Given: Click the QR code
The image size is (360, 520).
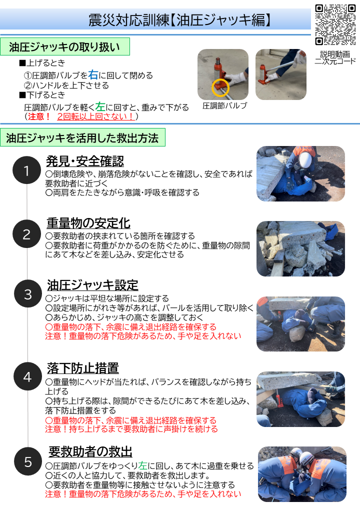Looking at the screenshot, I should pyautogui.click(x=335, y=25).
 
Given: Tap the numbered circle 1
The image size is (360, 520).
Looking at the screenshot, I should pyautogui.click(x=27, y=171).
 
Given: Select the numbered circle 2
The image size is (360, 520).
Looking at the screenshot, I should pyautogui.click(x=27, y=233).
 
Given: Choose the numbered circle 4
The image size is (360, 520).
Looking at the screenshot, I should pyautogui.click(x=27, y=376).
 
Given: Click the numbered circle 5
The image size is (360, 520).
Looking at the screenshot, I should pyautogui.click(x=27, y=461).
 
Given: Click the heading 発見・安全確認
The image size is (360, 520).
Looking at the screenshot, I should pyautogui.click(x=85, y=161).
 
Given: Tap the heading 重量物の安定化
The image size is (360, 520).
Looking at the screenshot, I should pyautogui.click(x=88, y=223).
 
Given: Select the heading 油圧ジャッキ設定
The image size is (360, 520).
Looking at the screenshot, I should pyautogui.click(x=92, y=285).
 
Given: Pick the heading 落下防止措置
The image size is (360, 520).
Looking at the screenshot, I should pyautogui.click(x=83, y=368).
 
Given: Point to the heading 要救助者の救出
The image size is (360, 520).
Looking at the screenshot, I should pyautogui.click(x=90, y=452).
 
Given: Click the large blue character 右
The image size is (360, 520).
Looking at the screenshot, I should pyautogui.click(x=93, y=75).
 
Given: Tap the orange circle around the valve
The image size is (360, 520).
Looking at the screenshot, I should pyautogui.click(x=220, y=87).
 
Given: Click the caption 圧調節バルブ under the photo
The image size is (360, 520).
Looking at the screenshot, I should pyautogui.click(x=224, y=106).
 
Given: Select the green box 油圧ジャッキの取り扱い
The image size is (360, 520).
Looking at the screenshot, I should pyautogui.click(x=65, y=47).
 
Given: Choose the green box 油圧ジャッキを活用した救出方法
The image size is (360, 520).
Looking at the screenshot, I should pyautogui.click(x=82, y=138).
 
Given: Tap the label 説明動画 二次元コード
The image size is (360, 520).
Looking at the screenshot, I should pyautogui.click(x=335, y=57).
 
